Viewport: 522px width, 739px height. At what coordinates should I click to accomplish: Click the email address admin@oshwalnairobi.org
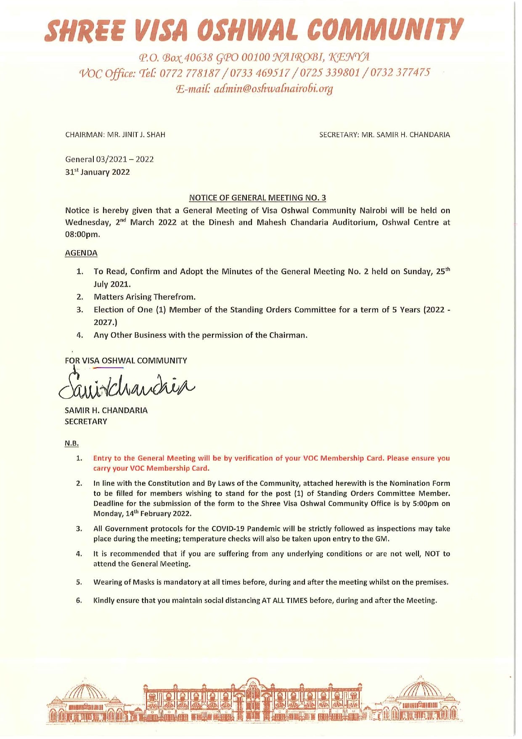pos(273,89)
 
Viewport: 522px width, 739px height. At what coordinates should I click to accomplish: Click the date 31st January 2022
pos(97,172)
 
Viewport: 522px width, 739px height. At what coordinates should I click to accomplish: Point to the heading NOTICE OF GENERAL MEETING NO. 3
pos(257,197)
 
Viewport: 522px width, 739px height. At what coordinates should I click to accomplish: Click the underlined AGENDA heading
pos(81,253)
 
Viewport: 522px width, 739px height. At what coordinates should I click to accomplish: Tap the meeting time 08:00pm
pos(82,235)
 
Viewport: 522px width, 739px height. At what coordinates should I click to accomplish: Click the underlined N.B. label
pos(72,443)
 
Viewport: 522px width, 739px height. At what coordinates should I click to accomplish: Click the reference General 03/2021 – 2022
pos(109,159)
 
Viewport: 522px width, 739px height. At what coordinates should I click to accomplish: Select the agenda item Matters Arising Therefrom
pos(145,297)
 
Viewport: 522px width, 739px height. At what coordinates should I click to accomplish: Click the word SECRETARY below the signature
pos(86,422)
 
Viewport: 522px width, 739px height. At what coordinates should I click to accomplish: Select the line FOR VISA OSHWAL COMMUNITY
pos(126,360)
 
